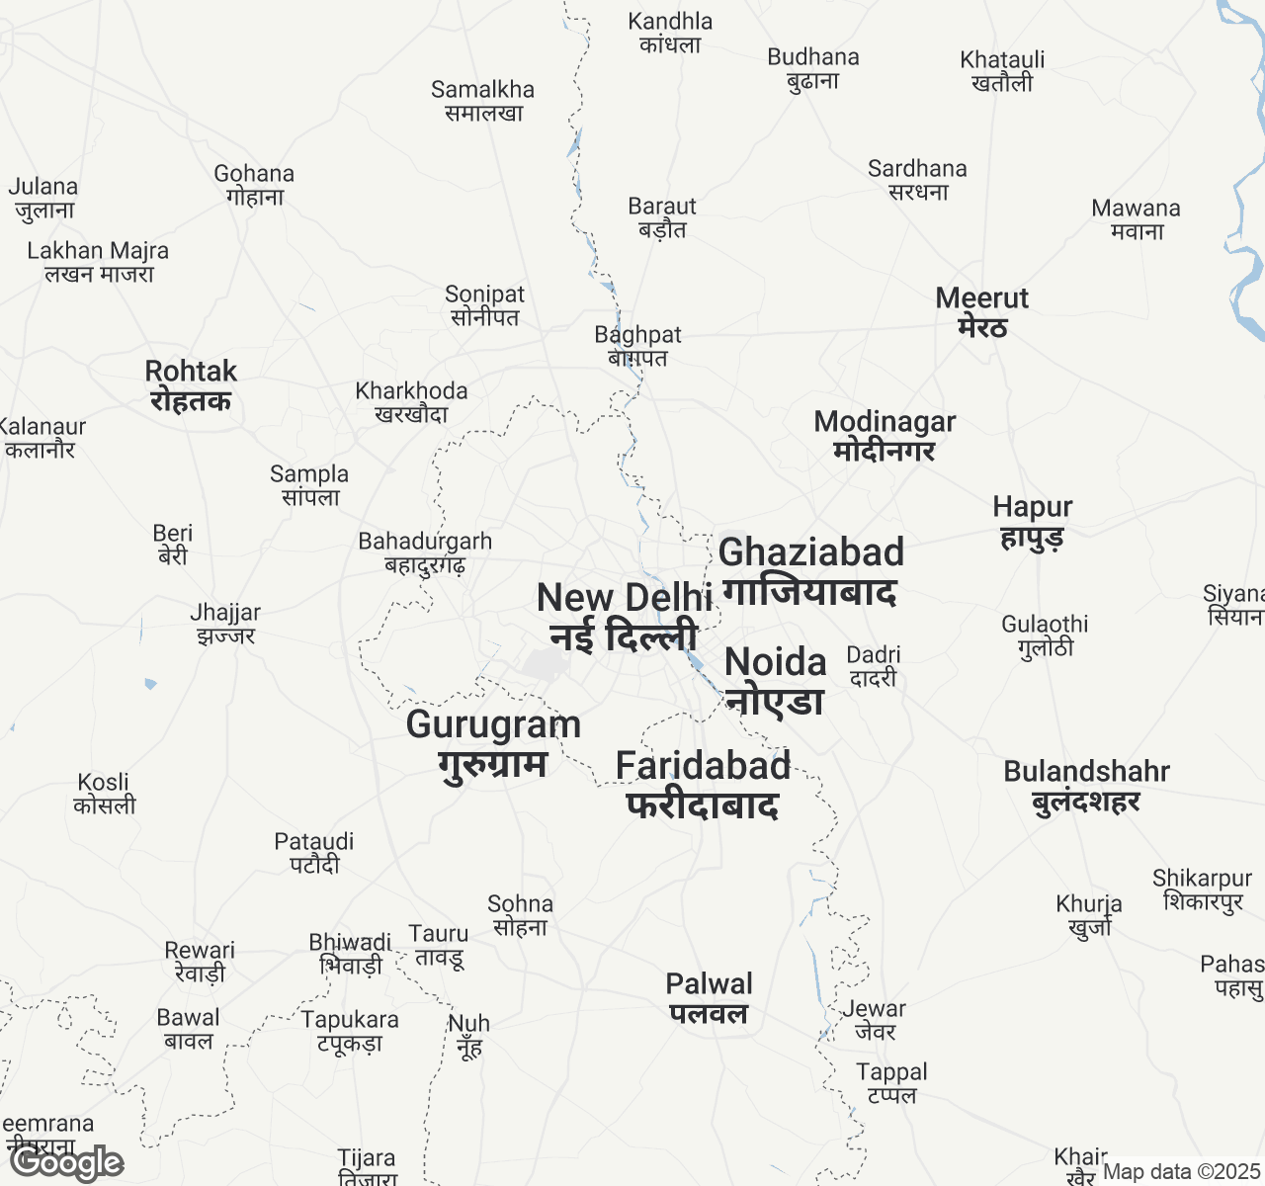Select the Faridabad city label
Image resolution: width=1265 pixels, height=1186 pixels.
coord(703,785)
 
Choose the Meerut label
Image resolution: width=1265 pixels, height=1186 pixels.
coord(982,311)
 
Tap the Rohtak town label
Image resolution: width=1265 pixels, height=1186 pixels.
coord(191,385)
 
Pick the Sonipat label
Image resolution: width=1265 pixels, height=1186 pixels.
coord(484,305)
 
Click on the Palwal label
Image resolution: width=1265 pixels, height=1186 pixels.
coord(709,997)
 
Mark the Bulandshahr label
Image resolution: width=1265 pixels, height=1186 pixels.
coord(1086,786)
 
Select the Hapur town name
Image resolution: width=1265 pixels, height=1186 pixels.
coord(1033,521)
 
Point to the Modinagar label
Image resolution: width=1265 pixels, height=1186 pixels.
coord(885,435)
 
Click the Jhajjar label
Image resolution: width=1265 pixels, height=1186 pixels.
coord(225,624)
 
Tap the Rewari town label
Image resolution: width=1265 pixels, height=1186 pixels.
coord(200,961)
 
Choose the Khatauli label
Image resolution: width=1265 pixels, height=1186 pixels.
coord(1002,70)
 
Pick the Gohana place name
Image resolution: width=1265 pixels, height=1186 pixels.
coord(254,185)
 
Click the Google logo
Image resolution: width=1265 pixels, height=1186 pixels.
coord(67,1163)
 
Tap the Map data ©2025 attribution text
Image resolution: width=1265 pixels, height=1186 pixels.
coord(1181,1172)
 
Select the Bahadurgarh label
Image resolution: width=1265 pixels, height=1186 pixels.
coord(425,552)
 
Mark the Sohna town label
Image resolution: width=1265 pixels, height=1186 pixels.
coord(520,915)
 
